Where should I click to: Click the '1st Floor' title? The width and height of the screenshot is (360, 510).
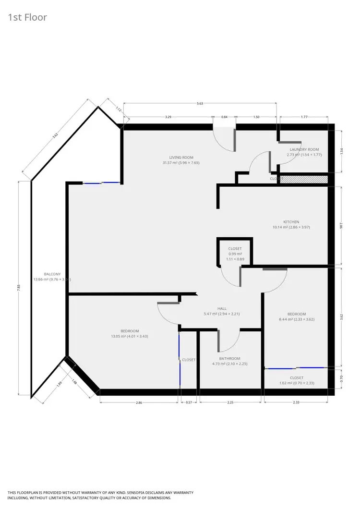pyautogui.click(x=27, y=18)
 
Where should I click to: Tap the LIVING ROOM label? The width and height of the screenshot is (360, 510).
pyautogui.click(x=181, y=158)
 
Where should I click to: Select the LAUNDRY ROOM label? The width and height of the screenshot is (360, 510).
pyautogui.click(x=303, y=149)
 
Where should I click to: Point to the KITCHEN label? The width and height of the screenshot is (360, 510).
pyautogui.click(x=291, y=222)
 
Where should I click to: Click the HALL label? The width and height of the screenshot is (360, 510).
pyautogui.click(x=221, y=309)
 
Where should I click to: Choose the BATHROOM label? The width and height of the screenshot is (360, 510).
pyautogui.click(x=229, y=358)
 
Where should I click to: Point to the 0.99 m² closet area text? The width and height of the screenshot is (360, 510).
pyautogui.click(x=235, y=254)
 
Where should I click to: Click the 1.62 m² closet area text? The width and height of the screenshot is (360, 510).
pyautogui.click(x=296, y=383)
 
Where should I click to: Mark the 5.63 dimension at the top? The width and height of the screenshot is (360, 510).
pyautogui.click(x=200, y=103)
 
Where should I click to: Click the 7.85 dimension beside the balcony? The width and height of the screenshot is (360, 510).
pyautogui.click(x=19, y=287)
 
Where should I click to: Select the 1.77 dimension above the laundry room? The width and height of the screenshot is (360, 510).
pyautogui.click(x=304, y=117)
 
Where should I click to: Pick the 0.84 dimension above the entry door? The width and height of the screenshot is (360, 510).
pyautogui.click(x=224, y=117)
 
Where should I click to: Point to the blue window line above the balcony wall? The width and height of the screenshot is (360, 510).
pyautogui.click(x=101, y=182)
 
